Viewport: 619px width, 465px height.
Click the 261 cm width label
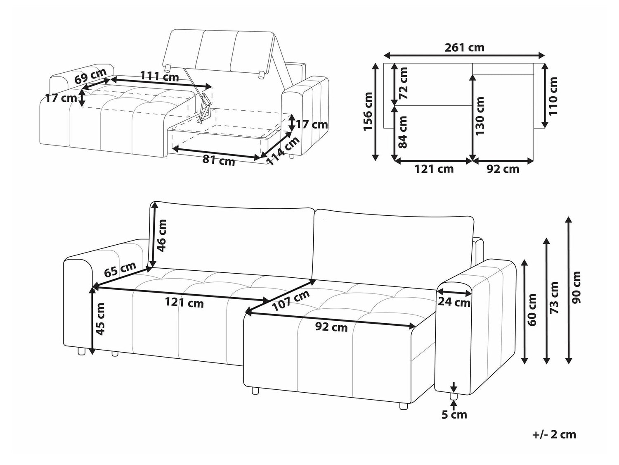click(464, 48)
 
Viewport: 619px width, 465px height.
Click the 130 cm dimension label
click(480, 116)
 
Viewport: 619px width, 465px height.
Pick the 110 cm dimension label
click(553, 96)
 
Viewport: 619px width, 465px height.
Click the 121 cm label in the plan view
click(434, 169)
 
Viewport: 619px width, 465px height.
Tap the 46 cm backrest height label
click(162, 236)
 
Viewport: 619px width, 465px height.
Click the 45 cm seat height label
click(101, 318)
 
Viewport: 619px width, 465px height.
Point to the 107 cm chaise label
click(291, 300)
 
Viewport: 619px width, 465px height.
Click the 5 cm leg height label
click(454, 414)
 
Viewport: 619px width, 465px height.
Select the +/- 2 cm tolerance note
click(554, 434)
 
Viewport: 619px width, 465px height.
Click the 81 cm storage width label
click(219, 160)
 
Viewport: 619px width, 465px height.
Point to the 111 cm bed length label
click(159, 76)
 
